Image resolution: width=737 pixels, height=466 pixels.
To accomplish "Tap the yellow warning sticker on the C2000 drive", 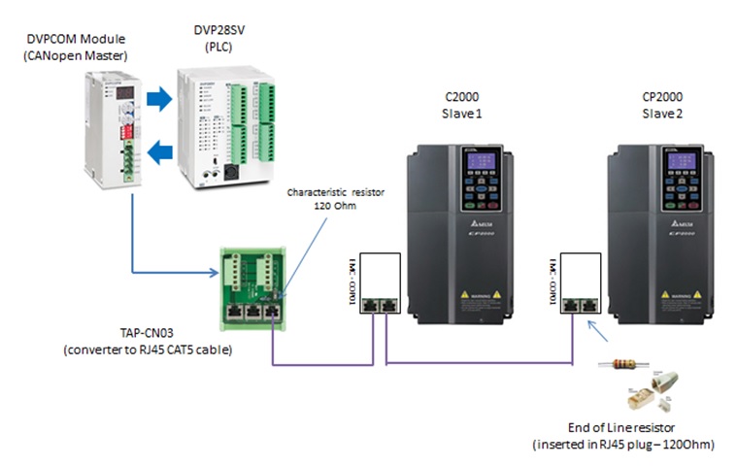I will coord(475,293).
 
